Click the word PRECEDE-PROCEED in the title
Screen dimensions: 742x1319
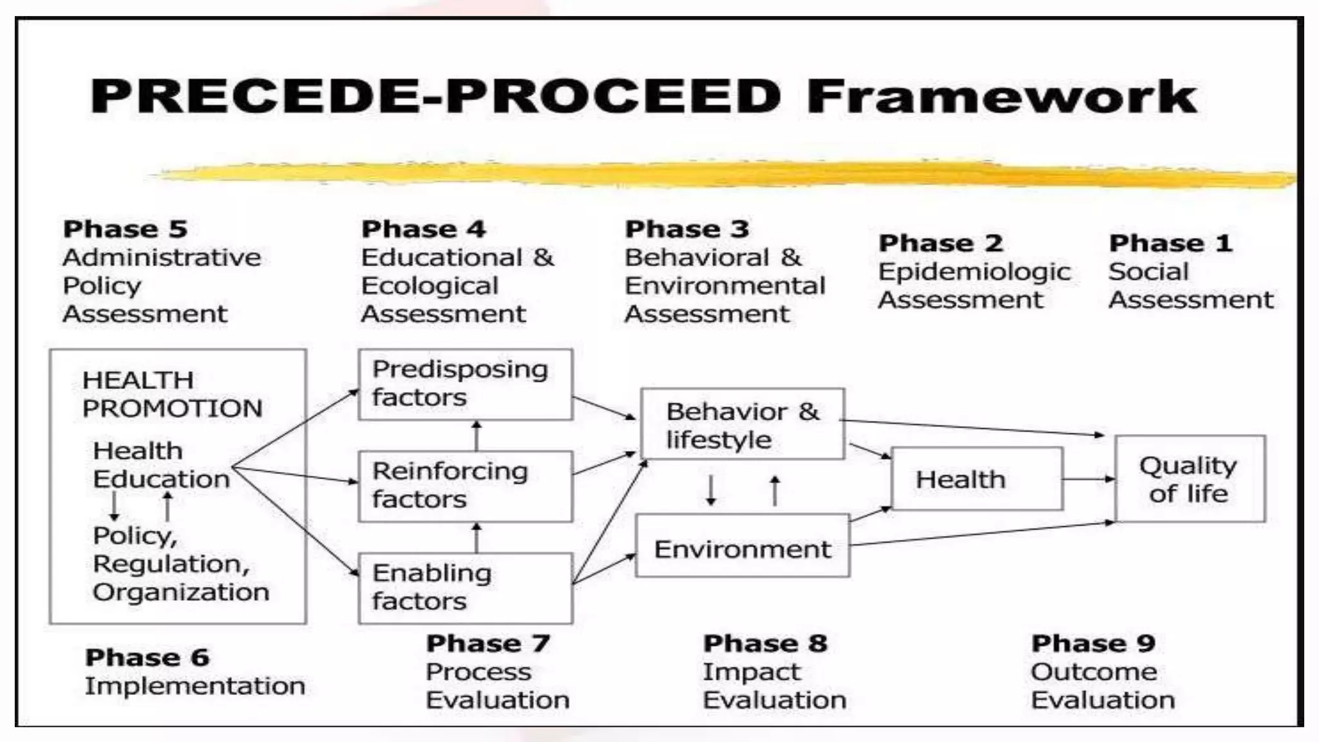(x=435, y=97)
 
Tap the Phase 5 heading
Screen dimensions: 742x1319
(x=125, y=229)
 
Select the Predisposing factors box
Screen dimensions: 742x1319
(x=465, y=385)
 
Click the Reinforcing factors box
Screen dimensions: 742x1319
(x=465, y=486)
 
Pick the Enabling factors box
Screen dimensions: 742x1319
(x=465, y=588)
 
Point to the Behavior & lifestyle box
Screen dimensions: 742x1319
(x=742, y=424)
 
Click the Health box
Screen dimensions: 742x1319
(x=976, y=479)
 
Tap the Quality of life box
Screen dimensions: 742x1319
(x=1190, y=479)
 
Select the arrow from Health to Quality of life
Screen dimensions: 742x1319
(x=1088, y=479)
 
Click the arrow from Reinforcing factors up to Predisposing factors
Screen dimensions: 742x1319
(x=477, y=435)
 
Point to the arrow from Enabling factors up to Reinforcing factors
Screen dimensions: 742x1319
(x=477, y=537)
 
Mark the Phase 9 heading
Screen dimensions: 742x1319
(x=1093, y=643)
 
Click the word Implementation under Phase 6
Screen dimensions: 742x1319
(x=195, y=686)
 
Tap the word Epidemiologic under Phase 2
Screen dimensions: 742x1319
(x=974, y=272)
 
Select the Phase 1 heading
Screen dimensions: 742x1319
(x=1170, y=243)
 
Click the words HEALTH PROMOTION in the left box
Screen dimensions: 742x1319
(x=172, y=394)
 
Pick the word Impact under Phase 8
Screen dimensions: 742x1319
(x=751, y=672)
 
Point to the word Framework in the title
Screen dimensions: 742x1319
(x=1001, y=97)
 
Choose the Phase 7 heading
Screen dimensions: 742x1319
(x=488, y=643)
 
